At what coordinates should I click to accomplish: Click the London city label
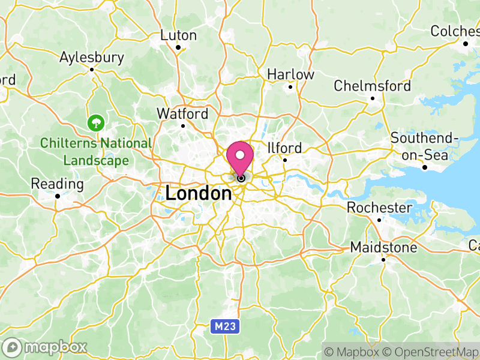pyautogui.click(x=198, y=194)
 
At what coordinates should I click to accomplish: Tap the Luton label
pyautogui.click(x=178, y=35)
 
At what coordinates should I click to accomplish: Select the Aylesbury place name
pyautogui.click(x=92, y=58)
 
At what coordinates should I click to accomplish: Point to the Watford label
pyautogui.click(x=182, y=113)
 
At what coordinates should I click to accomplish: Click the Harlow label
pyautogui.click(x=290, y=74)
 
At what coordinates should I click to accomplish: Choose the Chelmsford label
pyautogui.click(x=372, y=86)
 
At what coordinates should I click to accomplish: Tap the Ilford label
pyautogui.click(x=284, y=148)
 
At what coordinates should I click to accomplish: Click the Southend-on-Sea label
pyautogui.click(x=424, y=146)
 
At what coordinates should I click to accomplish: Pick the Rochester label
pyautogui.click(x=379, y=208)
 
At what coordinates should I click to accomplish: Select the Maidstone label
pyautogui.click(x=383, y=247)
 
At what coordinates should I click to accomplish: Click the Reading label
pyautogui.click(x=57, y=184)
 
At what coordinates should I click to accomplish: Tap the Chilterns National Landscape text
pyautogui.click(x=96, y=152)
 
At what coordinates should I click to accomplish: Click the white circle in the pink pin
pyautogui.click(x=241, y=155)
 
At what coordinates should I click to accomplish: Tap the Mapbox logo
pyautogui.click(x=46, y=347)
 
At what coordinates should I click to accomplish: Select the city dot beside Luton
pyautogui.click(x=178, y=47)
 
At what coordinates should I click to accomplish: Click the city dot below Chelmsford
pyautogui.click(x=372, y=98)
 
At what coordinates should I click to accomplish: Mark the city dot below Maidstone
pyautogui.click(x=383, y=260)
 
